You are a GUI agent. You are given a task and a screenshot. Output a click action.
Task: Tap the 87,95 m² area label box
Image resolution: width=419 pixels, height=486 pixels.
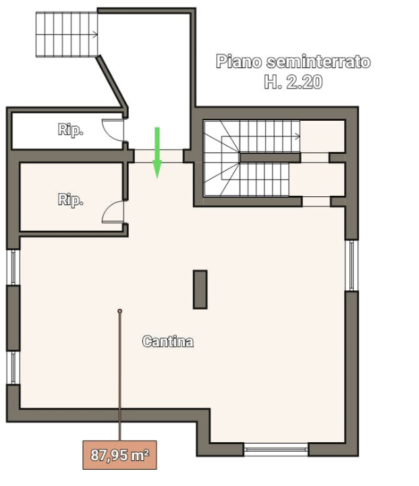pos(120,456)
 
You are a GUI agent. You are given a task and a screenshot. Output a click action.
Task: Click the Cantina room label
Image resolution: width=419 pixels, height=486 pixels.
pos(168,342)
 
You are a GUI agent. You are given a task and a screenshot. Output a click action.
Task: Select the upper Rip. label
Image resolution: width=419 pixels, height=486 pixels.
pos(70,131)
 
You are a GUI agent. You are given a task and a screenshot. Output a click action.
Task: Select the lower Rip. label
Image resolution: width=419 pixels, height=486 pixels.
pos(70,200)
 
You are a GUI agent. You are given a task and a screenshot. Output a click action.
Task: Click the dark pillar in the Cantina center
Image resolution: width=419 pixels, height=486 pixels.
pos(200,290)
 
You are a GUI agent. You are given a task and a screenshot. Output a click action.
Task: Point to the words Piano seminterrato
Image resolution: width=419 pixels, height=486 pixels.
pos(293,62)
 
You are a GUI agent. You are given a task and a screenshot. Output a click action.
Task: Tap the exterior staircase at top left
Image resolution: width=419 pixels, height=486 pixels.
pos(66,34)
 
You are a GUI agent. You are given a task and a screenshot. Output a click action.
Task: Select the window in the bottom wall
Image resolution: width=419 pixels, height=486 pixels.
pos(275,448)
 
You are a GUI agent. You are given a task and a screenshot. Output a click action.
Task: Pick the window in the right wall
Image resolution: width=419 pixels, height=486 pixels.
pos(351,266)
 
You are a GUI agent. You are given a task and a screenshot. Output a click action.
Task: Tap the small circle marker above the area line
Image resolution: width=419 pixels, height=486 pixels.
pos(120,311)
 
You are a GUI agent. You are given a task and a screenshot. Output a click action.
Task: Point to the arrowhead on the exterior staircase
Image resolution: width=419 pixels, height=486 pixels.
pos(96,34)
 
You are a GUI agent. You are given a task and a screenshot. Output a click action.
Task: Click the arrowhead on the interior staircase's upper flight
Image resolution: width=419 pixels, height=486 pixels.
pos(298,136)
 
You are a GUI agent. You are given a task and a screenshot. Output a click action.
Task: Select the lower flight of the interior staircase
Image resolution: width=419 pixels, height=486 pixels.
pos(263,180)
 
